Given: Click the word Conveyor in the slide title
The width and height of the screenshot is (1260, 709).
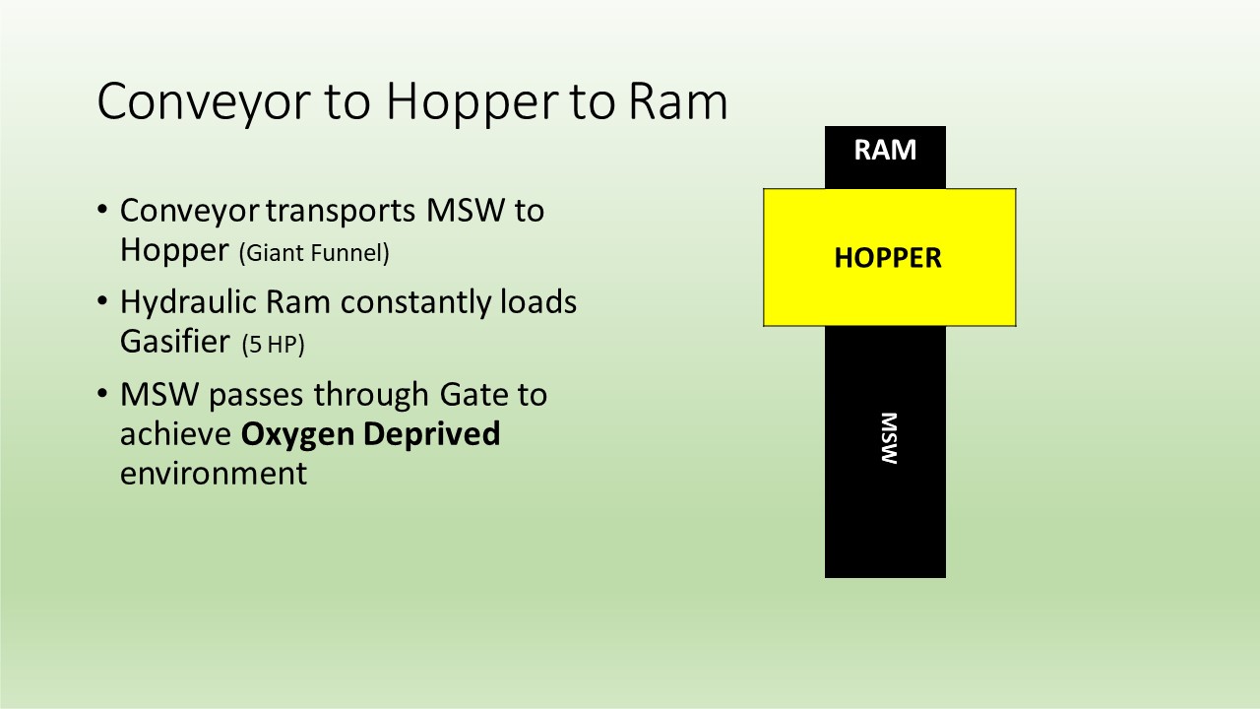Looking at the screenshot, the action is coord(204,102).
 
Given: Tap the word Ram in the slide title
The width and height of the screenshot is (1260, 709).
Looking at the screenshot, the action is coord(678,101).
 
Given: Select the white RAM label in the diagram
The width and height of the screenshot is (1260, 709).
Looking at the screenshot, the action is coord(885,150).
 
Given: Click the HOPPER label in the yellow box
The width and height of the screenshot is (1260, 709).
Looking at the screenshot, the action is coord(888,258).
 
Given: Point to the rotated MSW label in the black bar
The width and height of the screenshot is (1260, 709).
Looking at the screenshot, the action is coord(889,438).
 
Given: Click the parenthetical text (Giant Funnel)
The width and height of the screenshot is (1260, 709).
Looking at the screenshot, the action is coord(314,253).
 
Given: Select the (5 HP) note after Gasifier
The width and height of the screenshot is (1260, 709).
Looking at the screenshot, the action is coord(273,344).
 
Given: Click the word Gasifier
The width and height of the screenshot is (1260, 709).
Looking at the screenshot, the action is coord(175,341).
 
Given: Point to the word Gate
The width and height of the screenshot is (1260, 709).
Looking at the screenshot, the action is coord(472,395).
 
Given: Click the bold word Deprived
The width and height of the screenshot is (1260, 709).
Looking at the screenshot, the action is coord(431,434).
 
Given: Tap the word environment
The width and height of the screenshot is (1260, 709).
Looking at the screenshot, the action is coord(214,474).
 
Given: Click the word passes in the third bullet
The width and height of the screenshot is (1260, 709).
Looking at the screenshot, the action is coord(256,396).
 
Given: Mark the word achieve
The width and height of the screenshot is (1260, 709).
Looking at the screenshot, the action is coord(176,434).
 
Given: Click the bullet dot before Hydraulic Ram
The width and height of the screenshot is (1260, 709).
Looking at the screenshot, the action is coord(101,301).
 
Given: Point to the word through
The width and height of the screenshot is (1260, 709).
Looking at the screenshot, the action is coord(372,395).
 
